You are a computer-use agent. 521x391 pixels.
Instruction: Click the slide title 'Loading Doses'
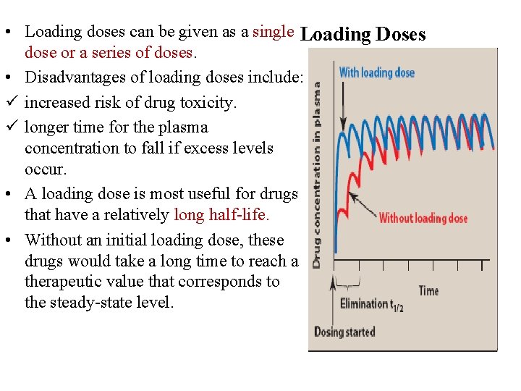click(363, 34)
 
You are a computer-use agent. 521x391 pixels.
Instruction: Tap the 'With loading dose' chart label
click(376, 72)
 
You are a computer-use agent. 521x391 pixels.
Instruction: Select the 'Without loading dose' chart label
click(423, 218)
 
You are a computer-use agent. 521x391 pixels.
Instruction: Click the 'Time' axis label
click(428, 290)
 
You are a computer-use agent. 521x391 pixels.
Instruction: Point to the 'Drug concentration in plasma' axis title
click(317, 174)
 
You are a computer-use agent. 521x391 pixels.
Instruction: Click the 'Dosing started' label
click(344, 332)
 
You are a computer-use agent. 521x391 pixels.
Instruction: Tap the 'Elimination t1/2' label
click(372, 303)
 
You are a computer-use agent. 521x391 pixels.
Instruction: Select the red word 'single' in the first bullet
click(273, 32)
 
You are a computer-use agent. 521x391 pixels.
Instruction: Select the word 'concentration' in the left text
click(71, 148)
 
